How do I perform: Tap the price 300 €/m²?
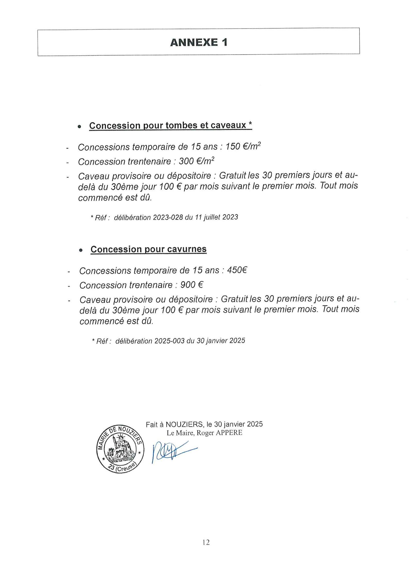click(196, 161)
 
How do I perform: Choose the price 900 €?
click(192, 285)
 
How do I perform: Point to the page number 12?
click(206, 542)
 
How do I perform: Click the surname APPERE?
click(229, 433)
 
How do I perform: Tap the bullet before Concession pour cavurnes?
click(81, 250)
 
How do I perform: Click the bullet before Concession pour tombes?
click(80, 126)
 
